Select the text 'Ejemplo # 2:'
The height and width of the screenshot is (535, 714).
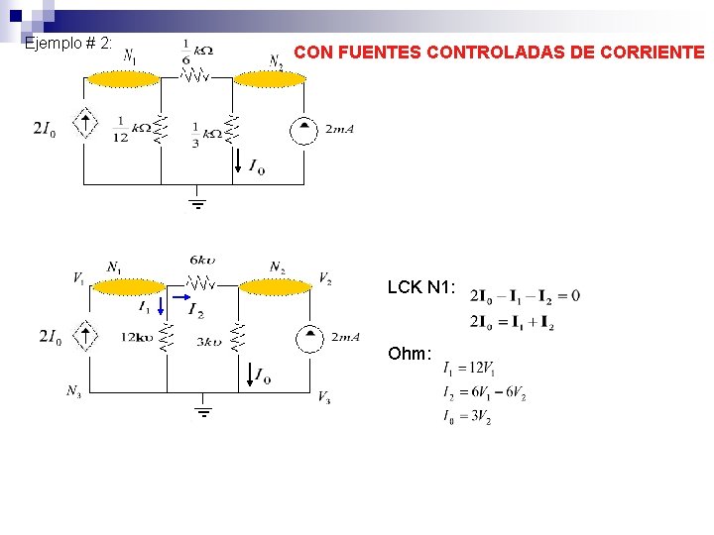(x=68, y=44)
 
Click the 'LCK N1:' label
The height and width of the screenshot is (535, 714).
(x=421, y=287)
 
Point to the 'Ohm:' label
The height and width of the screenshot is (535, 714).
(x=410, y=354)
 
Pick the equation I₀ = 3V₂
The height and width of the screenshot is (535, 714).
(x=467, y=418)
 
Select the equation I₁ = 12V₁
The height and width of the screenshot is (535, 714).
(x=469, y=369)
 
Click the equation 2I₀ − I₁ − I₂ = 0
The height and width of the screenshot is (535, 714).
(x=526, y=295)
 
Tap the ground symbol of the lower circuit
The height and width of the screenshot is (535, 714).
(x=203, y=410)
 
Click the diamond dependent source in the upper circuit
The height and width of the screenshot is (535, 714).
(x=87, y=125)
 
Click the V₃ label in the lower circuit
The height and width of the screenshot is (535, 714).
(x=324, y=397)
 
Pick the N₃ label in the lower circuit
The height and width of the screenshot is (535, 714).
(x=74, y=390)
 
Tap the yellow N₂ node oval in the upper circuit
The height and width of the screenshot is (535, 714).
(x=269, y=79)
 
